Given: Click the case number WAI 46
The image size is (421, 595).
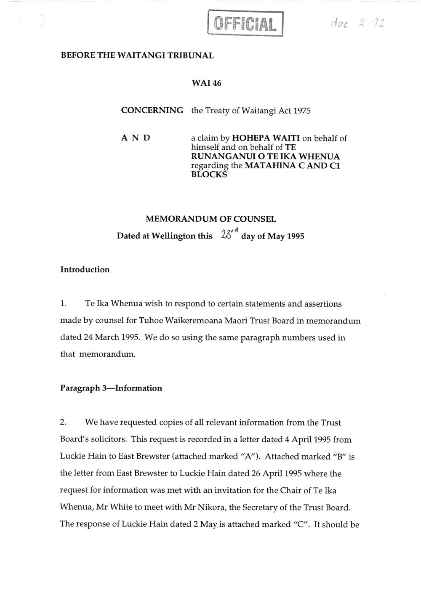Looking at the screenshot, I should (206, 83).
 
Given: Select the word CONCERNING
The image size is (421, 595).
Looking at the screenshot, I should (152, 111).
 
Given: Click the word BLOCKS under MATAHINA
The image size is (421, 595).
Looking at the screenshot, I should (209, 175).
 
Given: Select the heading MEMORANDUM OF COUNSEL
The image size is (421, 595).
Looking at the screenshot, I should (210, 219).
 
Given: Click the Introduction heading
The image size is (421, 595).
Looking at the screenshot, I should (85, 270).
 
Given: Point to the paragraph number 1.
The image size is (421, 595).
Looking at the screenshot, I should (63, 303).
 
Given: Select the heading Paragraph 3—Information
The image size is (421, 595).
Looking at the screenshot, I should (111, 388).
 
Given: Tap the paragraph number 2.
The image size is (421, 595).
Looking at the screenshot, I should (63, 422).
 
